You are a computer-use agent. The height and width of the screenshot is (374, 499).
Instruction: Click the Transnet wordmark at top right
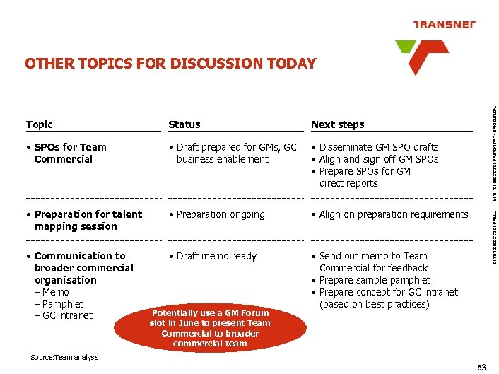click(x=444, y=25)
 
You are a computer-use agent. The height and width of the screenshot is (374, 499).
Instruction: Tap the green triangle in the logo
click(x=407, y=47)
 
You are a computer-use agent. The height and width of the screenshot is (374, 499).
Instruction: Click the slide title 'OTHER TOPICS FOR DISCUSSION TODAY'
click(x=170, y=64)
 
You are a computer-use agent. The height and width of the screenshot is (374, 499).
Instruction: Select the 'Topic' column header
click(x=40, y=124)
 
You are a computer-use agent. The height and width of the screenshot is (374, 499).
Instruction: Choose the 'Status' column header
click(x=184, y=124)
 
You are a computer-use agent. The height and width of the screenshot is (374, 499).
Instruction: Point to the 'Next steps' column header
click(x=338, y=124)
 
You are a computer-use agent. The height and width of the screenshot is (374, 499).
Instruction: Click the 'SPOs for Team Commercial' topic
click(x=67, y=153)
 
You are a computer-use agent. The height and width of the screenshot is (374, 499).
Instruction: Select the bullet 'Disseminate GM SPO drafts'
click(x=378, y=147)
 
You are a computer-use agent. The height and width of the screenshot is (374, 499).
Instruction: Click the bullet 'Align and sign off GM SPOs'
click(x=378, y=159)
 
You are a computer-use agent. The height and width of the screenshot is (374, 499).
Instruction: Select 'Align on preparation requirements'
click(x=393, y=214)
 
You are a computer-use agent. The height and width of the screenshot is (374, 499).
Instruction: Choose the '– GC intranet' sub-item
click(x=64, y=315)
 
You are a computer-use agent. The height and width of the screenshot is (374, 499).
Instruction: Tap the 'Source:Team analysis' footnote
click(x=64, y=357)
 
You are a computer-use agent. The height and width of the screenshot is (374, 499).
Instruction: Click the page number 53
click(x=482, y=366)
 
